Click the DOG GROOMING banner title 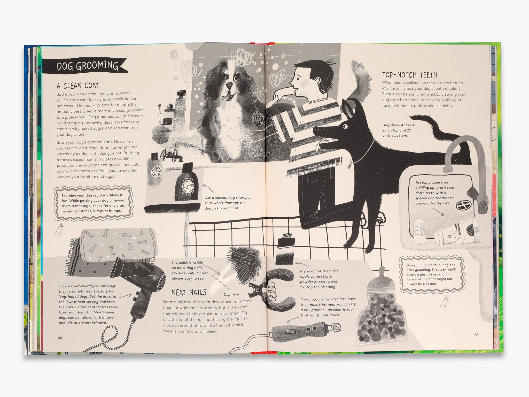pos(87,66)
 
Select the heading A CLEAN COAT pos(78,86)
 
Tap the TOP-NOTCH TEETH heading pos(410,75)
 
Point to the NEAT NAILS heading pos(189,292)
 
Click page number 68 pos(60,338)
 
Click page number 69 pos(477,335)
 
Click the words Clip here pos(231,294)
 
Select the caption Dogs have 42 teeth pos(399,130)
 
